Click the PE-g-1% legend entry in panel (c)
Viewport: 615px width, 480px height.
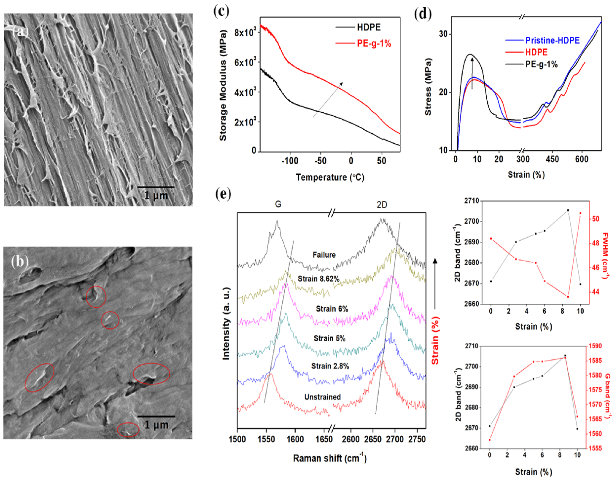374,43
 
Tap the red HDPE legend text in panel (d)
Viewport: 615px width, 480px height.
536,52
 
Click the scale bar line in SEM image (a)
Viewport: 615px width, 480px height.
156,187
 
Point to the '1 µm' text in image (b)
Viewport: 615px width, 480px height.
156,425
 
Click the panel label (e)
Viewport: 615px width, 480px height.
223,194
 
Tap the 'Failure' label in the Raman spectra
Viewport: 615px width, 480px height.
324,255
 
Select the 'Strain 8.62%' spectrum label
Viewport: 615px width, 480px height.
319,279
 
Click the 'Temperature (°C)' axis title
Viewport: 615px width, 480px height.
330,177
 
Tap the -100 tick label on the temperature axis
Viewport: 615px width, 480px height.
290,161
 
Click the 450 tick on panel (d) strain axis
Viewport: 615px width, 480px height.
552,159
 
